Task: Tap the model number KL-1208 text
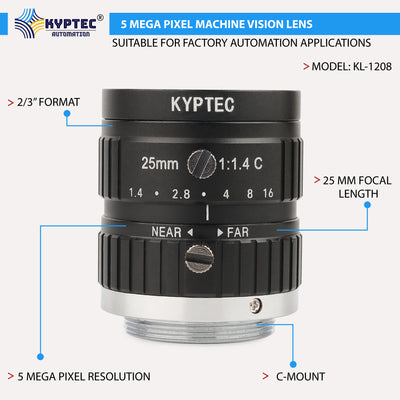click(346, 68)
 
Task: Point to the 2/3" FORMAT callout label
click(46, 102)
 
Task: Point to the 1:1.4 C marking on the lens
click(246, 161)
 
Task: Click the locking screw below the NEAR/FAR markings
click(199, 260)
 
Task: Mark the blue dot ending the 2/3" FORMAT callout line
click(68, 114)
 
